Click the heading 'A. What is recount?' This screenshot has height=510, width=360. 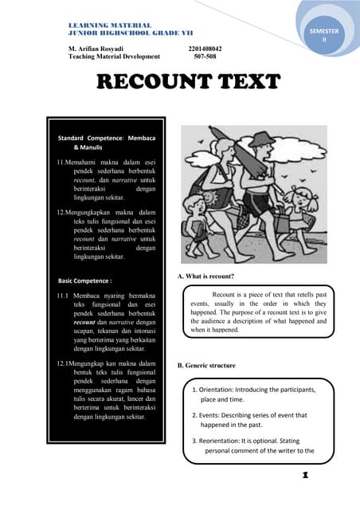coord(205,276)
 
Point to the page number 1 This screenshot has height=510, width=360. coord(304,476)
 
